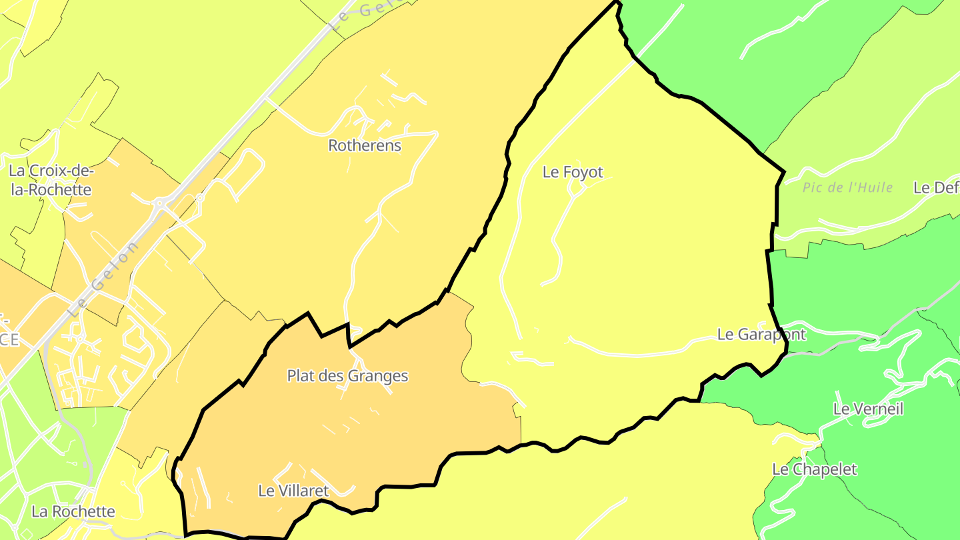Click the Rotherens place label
pos(365,145)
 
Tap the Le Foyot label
pos(573,172)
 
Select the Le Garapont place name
pos(761,334)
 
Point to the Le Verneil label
pos(868,409)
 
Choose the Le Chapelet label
pos(814,469)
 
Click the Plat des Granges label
pos(347,376)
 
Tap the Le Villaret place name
pos(293,491)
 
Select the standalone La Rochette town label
pos(73,511)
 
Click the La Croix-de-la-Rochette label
pos(50,180)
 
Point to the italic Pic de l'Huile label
pos(847,187)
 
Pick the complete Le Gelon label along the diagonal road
pos(105,278)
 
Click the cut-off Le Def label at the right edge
pos(936,187)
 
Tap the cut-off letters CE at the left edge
pos(9,339)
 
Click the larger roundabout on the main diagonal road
pos(159,202)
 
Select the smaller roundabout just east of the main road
pos(200,197)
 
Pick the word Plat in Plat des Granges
pos(300,376)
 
